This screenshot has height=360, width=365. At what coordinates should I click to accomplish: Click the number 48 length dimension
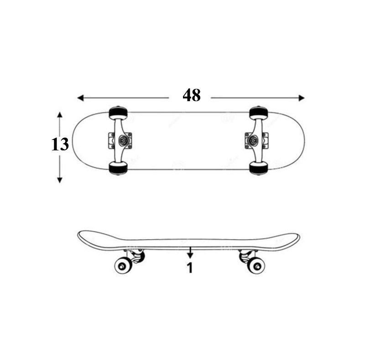tap(191, 95)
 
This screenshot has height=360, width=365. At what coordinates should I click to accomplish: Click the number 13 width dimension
tap(60, 144)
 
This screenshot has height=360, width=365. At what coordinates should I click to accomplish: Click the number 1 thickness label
tap(190, 268)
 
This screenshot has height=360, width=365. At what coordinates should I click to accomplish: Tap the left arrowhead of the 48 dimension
tap(80, 98)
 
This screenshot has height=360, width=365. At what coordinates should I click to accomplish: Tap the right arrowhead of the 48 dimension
tap(302, 98)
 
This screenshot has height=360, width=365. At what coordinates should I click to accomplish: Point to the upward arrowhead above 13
tap(60, 115)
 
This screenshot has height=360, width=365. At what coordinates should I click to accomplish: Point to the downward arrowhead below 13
tap(60, 180)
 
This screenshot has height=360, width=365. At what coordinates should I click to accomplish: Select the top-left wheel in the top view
tap(118, 112)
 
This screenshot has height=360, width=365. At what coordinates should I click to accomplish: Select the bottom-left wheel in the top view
tap(118, 168)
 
